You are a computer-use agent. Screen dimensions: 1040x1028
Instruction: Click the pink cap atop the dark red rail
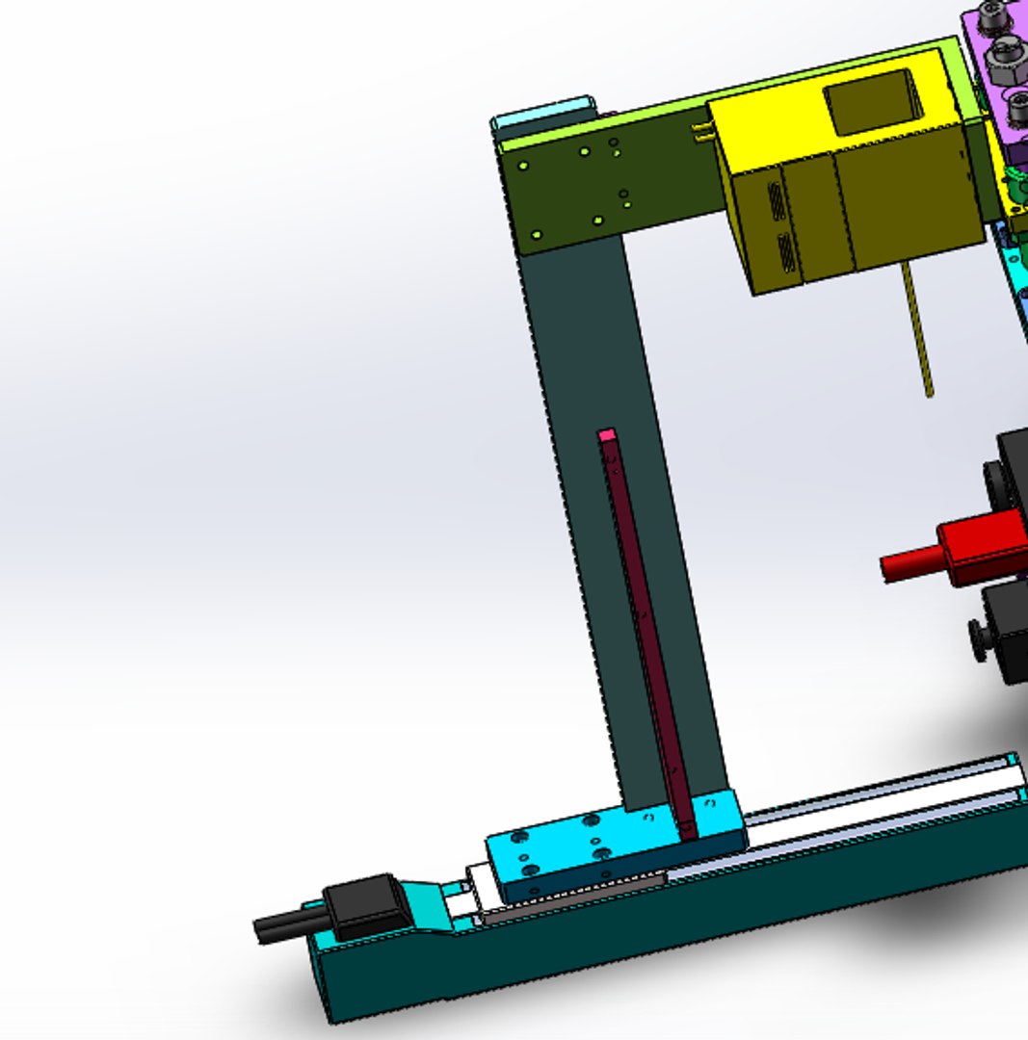click(606, 435)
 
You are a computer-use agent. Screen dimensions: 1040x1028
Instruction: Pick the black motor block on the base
click(364, 905)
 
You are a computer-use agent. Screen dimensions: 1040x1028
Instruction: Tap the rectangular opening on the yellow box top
click(871, 102)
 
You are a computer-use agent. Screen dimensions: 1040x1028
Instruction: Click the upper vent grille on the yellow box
click(777, 200)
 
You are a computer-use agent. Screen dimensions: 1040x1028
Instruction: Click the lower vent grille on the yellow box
click(787, 252)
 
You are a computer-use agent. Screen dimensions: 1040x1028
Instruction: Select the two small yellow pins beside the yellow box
click(702, 134)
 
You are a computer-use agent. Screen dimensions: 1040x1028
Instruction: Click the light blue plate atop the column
click(542, 117)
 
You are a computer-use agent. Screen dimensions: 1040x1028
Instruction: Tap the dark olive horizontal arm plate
click(607, 188)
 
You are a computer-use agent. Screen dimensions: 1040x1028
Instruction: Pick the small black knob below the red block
click(978, 640)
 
